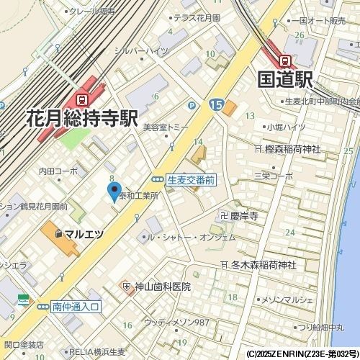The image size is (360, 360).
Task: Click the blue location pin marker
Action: [113, 192]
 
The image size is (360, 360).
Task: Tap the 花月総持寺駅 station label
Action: [81, 117]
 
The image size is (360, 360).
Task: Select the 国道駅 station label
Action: [287, 77]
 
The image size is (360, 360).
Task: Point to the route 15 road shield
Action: [217, 105]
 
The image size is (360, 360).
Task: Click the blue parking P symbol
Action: [192, 105]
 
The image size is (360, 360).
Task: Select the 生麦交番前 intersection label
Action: [191, 179]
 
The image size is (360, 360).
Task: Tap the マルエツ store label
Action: [84, 234]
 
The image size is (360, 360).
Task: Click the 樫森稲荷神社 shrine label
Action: [292, 149]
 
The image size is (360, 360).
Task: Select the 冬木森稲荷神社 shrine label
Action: [263, 265]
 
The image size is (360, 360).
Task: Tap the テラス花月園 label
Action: [196, 17]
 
